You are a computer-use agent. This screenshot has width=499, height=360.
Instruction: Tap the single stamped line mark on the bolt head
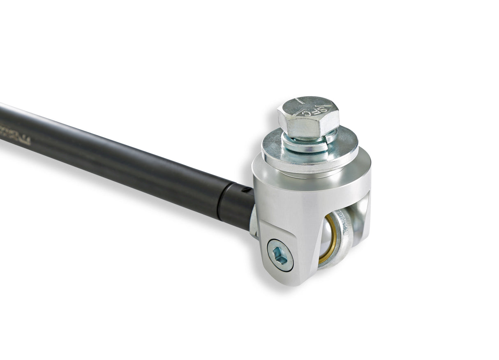tap(300, 102)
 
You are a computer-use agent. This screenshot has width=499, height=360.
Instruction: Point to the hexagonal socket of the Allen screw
tap(280, 256)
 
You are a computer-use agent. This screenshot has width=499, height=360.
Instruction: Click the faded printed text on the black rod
tap(16, 136)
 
